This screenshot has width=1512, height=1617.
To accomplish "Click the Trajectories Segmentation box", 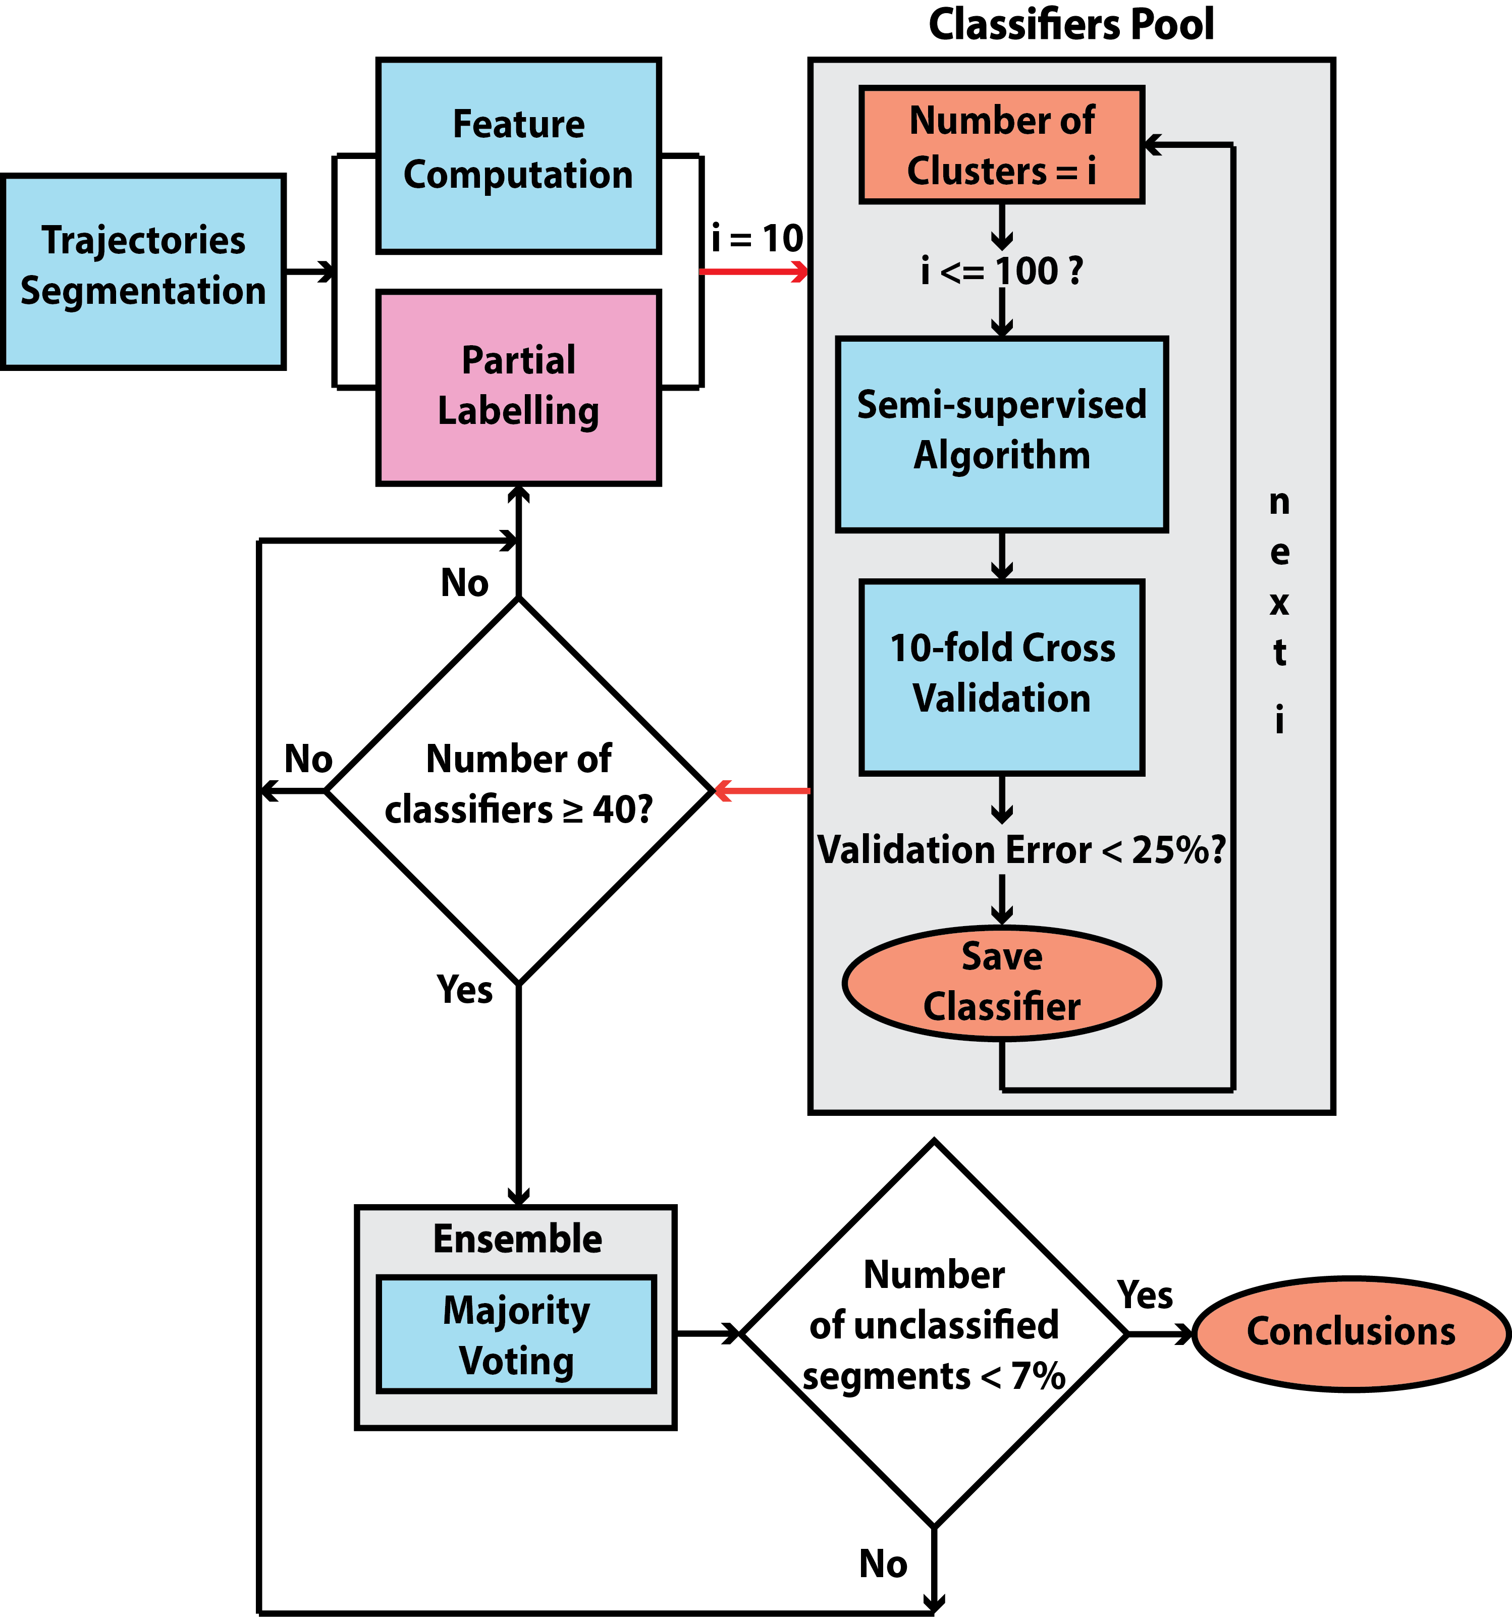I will (143, 272).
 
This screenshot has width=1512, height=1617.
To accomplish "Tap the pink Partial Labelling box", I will (518, 387).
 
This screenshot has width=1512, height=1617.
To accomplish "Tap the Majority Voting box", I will (516, 1335).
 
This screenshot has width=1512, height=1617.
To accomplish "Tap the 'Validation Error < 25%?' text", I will (1021, 850).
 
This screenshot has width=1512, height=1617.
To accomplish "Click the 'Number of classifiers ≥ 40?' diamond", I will (518, 790).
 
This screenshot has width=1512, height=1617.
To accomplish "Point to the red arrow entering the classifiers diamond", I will (762, 790).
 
